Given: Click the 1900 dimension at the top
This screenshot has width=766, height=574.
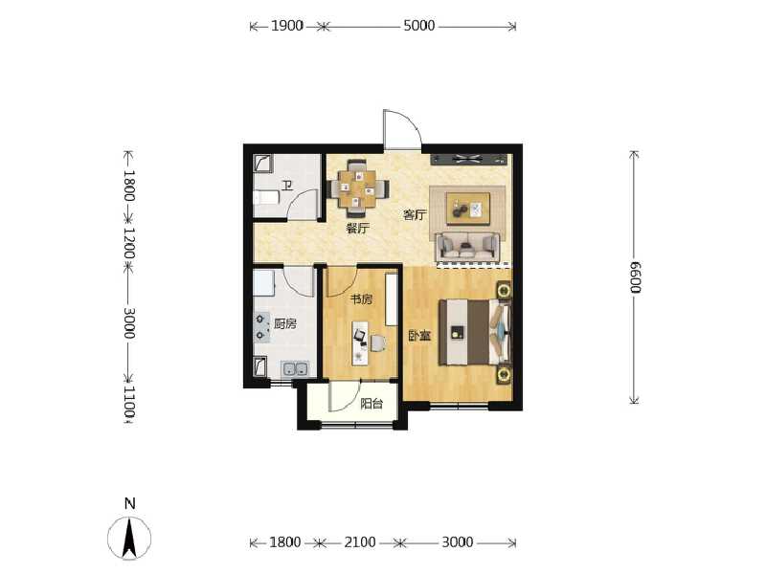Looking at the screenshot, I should (286, 26).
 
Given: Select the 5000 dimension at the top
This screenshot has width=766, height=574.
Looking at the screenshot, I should (418, 26).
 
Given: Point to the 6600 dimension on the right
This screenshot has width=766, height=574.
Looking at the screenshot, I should (634, 276).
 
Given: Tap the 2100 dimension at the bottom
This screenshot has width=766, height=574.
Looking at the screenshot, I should (359, 542).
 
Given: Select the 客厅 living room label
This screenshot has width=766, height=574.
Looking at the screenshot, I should (414, 215).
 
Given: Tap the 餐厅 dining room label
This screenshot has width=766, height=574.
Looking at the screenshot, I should (357, 230).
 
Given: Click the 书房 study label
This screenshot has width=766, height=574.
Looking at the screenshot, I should (360, 299).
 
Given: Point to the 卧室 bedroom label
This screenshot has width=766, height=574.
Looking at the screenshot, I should (417, 336).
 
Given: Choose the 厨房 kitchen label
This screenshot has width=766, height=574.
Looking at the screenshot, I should (284, 324).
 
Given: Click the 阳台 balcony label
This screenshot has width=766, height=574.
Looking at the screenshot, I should (372, 404).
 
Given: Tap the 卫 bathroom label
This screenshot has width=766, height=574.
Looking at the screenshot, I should (285, 186).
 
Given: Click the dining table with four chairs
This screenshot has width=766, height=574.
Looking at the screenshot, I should (357, 188).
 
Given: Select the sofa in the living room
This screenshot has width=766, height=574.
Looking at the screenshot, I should (467, 246).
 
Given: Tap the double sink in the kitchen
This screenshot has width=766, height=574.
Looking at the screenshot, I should (294, 369).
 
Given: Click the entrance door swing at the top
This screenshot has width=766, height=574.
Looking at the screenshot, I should (400, 131).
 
